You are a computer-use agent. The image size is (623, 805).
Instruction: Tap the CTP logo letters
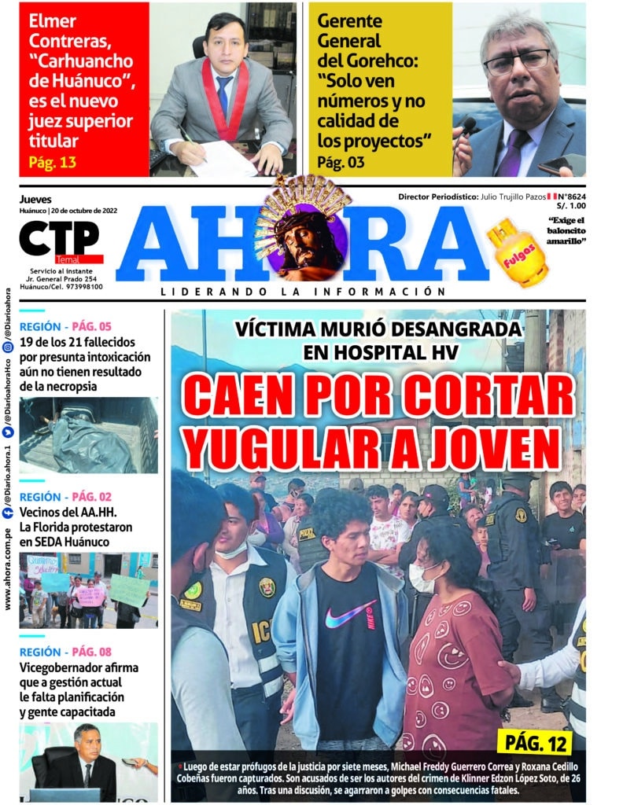coord(60,237)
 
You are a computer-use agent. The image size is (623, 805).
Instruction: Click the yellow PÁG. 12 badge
coord(534,741)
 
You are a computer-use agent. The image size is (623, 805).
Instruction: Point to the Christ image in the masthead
coord(301,236)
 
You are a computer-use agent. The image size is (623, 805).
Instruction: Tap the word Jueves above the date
coord(35,200)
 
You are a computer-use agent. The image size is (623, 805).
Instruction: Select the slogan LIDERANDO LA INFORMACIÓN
coord(297,292)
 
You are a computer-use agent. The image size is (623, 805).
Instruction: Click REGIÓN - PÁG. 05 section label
coord(65,326)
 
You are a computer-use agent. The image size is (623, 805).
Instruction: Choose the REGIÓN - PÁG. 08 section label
coord(65,652)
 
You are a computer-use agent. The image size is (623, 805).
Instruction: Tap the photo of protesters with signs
coord(88,590)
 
